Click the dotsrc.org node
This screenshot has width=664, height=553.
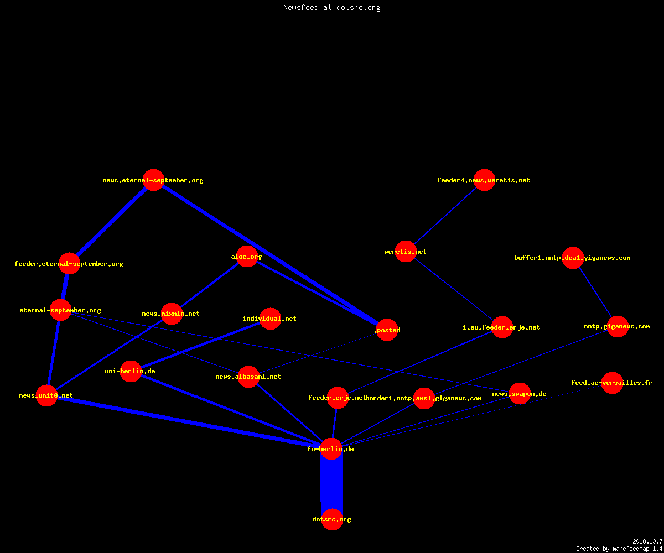point(332,519)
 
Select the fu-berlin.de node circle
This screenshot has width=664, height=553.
point(331,448)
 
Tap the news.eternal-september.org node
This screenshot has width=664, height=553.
point(153,180)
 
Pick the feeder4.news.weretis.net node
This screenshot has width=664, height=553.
point(484,180)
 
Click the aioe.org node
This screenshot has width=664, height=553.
point(247,256)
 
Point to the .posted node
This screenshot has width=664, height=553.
point(387,330)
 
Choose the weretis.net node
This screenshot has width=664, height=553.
point(406,252)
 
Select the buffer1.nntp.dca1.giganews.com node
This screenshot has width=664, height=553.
point(573,258)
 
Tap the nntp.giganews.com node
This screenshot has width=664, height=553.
point(618,326)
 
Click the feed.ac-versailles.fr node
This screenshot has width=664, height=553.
point(612,383)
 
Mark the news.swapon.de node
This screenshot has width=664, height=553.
point(520,393)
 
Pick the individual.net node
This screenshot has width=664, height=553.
point(271,319)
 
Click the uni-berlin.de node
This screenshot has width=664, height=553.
point(131,371)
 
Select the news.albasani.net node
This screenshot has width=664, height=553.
point(248,377)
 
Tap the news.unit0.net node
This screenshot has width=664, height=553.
point(46,395)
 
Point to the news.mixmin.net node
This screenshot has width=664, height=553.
point(172,314)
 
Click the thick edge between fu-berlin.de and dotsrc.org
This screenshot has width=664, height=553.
point(331,484)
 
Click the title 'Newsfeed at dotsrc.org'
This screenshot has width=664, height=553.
point(331,8)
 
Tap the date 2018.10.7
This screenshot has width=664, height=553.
point(647,541)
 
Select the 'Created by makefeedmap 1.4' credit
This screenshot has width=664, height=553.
point(619,549)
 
